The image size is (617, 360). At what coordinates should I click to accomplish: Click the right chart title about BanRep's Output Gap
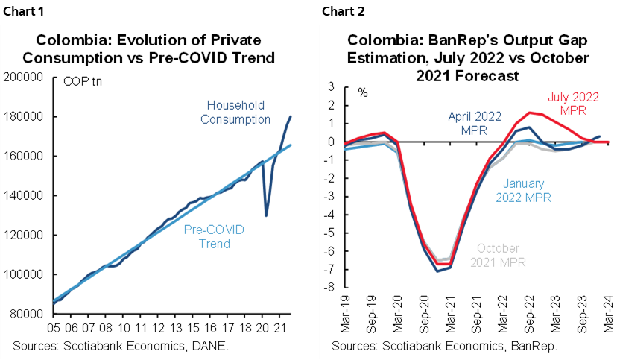[x=468, y=57]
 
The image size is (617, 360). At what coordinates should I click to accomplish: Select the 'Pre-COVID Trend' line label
[x=213, y=237]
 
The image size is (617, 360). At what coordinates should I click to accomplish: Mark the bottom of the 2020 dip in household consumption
[x=267, y=215]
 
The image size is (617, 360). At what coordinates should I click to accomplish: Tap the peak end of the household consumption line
[x=291, y=116]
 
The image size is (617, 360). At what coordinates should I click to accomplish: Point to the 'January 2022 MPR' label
[x=533, y=190]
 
